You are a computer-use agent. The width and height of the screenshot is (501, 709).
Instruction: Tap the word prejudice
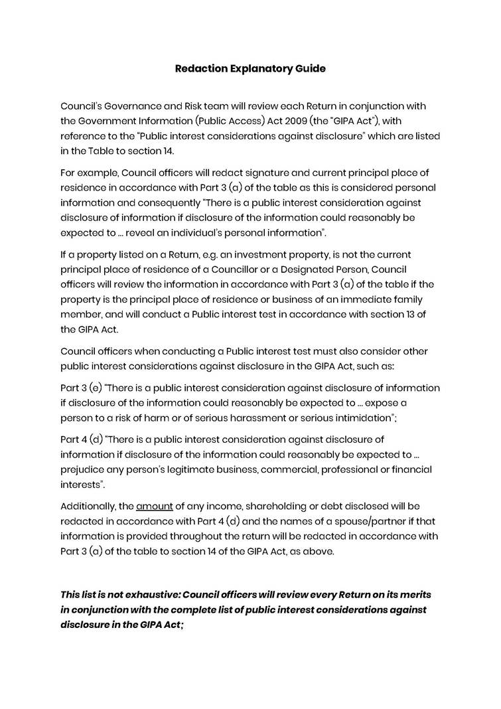click(x=83, y=469)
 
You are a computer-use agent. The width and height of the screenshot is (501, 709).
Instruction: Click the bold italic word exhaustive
click(x=147, y=594)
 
